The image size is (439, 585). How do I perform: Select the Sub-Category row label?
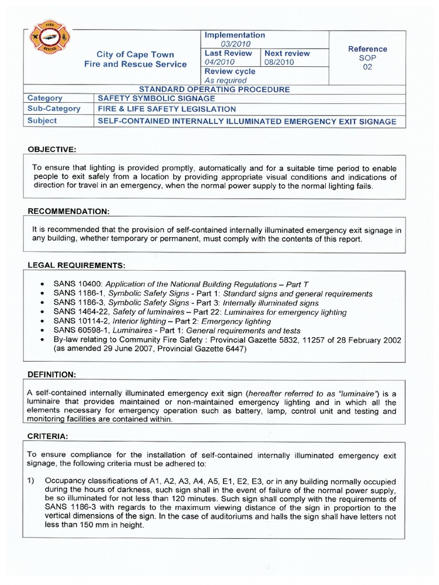54,109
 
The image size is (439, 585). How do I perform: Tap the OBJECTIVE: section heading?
52,150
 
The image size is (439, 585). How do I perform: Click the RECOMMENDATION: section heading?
69,211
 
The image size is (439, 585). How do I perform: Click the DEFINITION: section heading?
51,374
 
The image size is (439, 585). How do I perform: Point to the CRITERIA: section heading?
47,436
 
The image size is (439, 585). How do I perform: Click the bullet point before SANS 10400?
43,284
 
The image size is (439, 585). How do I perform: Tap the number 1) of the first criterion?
32,482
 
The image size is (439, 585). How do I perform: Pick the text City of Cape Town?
135,54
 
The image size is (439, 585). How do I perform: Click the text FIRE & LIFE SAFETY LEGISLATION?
166,109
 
